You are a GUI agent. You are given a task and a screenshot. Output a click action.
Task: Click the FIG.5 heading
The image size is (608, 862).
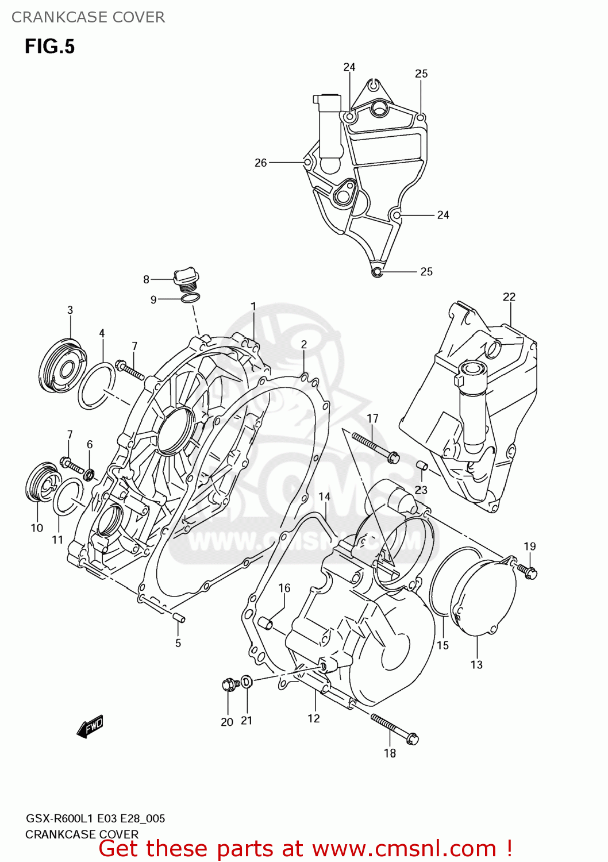pyautogui.click(x=49, y=47)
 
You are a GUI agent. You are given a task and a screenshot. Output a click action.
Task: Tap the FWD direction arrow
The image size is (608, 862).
pyautogui.click(x=90, y=726)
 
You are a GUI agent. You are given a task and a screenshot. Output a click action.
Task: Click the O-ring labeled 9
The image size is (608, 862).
pyautogui.click(x=191, y=298)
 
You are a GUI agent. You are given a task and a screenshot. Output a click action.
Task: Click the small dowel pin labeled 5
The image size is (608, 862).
pyautogui.click(x=178, y=618)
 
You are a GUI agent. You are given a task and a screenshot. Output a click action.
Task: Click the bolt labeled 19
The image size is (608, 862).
pyautogui.click(x=527, y=570)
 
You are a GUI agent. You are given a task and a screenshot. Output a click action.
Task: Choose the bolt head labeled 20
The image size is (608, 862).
pyautogui.click(x=230, y=684)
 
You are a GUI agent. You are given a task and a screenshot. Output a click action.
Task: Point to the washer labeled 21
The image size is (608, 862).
pyautogui.click(x=246, y=682)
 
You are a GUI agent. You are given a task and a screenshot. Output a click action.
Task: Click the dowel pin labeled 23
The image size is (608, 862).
pyautogui.click(x=421, y=465)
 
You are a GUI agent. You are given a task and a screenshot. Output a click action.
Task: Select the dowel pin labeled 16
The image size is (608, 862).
pyautogui.click(x=265, y=623)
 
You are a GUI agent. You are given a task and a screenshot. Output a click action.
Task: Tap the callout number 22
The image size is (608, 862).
pyautogui.click(x=509, y=297)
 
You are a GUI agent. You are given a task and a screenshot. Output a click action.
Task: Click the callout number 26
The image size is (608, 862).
pyautogui.click(x=260, y=163)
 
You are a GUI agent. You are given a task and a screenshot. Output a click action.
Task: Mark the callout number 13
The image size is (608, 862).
pyautogui.click(x=476, y=664)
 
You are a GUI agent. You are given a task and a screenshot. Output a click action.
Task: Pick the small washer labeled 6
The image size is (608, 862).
pyautogui.click(x=90, y=475)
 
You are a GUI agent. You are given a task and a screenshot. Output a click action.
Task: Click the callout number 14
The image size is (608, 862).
pyautogui.click(x=325, y=497)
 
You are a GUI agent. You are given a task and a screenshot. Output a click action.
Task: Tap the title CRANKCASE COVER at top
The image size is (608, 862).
pyautogui.click(x=88, y=17)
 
